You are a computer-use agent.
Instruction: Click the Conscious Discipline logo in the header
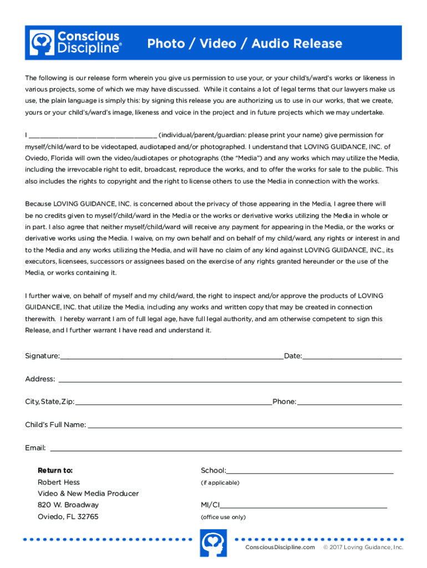75,43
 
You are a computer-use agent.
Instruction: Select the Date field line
352,357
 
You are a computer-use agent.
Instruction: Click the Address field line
230,380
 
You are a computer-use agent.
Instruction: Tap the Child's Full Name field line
245,426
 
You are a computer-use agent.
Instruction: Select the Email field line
226,449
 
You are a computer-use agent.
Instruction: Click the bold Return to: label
55,470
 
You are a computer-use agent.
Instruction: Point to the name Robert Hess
59,482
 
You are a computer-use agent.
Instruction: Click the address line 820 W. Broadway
68,505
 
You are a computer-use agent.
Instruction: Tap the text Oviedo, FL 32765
68,516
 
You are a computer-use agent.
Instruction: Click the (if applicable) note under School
220,483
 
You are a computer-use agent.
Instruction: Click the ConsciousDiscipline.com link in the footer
280,547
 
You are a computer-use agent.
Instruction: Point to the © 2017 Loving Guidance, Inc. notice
363,547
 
